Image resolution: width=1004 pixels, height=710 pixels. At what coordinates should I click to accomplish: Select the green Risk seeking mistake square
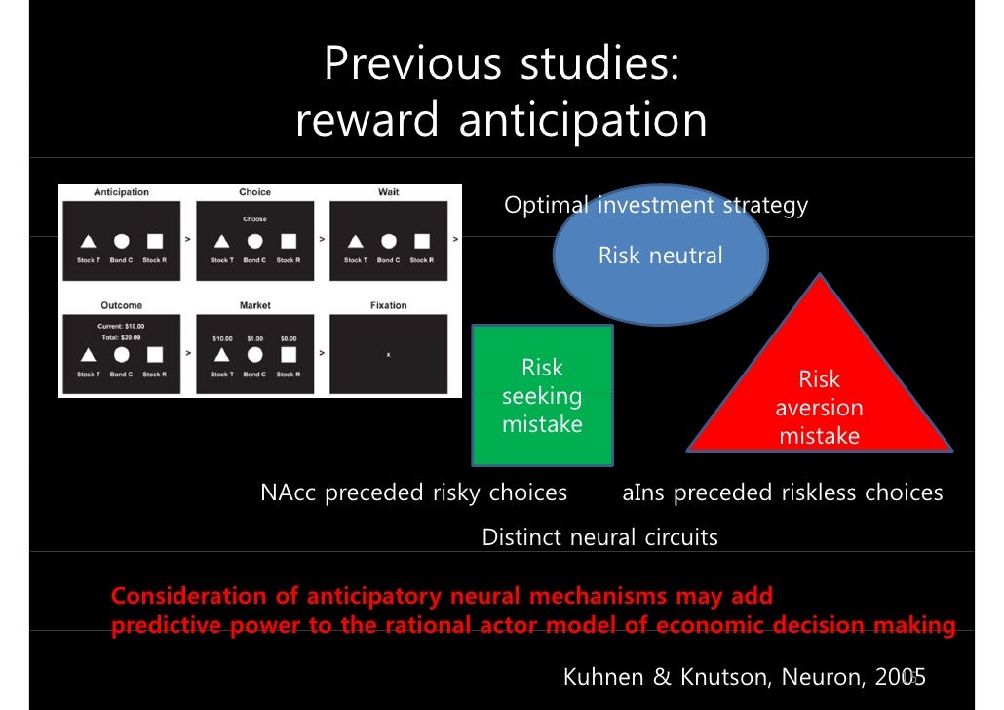tap(542, 396)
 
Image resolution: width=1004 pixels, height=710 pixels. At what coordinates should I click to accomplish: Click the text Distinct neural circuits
tap(599, 536)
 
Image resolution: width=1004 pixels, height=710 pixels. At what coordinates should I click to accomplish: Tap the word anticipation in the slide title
tap(582, 121)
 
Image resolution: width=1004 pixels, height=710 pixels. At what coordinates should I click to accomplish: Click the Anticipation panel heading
tap(121, 192)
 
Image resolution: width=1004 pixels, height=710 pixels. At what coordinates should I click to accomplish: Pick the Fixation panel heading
tap(388, 305)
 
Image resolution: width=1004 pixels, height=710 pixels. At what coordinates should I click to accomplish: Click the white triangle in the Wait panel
tap(355, 241)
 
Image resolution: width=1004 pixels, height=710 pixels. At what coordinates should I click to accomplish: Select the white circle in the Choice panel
tap(254, 241)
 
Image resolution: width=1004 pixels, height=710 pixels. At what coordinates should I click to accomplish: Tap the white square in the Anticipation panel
tap(154, 241)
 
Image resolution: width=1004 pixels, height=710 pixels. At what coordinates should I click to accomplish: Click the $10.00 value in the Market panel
tap(222, 338)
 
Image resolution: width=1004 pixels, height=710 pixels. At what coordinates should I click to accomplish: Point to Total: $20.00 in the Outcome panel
tap(121, 337)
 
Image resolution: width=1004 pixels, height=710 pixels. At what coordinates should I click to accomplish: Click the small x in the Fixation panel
tap(388, 355)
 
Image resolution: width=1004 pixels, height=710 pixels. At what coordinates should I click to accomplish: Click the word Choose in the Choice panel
tap(254, 219)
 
